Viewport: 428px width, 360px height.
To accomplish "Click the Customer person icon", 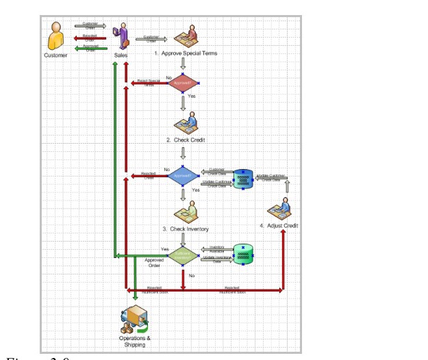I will point(55,35).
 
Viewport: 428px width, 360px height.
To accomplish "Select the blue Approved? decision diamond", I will point(183,175).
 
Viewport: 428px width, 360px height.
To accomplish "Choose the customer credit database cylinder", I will point(243,178).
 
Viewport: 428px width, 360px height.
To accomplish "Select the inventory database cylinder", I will point(243,255).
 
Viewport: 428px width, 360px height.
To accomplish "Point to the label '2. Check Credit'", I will point(186,140).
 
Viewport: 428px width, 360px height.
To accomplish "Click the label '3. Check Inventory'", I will point(186,229).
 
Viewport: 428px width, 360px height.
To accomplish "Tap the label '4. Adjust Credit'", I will point(279,225).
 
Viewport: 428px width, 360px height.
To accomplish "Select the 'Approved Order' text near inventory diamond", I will point(154,263).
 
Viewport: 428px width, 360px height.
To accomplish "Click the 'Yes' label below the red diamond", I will point(192,97).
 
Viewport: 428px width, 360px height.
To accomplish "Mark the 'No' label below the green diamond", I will point(192,275).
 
